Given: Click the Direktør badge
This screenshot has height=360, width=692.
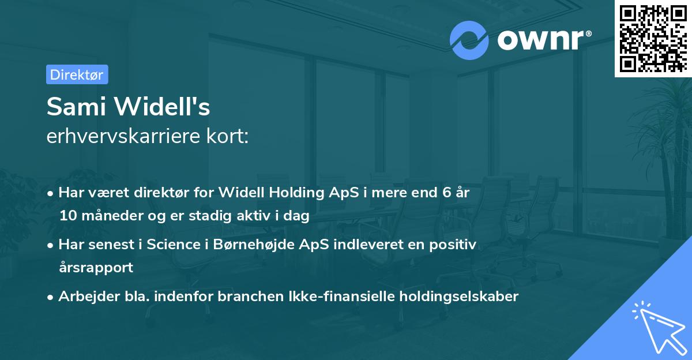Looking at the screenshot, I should pyautogui.click(x=77, y=74).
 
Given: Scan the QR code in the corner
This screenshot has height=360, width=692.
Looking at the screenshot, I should pyautogui.click(x=653, y=38).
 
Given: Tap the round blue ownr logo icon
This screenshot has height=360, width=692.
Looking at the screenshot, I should pyautogui.click(x=469, y=40).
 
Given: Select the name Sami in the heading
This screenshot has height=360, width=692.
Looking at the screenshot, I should pyautogui.click(x=73, y=107).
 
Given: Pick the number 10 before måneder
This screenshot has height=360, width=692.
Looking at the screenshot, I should pyautogui.click(x=67, y=216).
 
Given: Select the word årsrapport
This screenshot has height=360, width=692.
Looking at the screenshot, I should pyautogui.click(x=96, y=267).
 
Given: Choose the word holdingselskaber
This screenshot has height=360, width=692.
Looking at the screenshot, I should pyautogui.click(x=453, y=297).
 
